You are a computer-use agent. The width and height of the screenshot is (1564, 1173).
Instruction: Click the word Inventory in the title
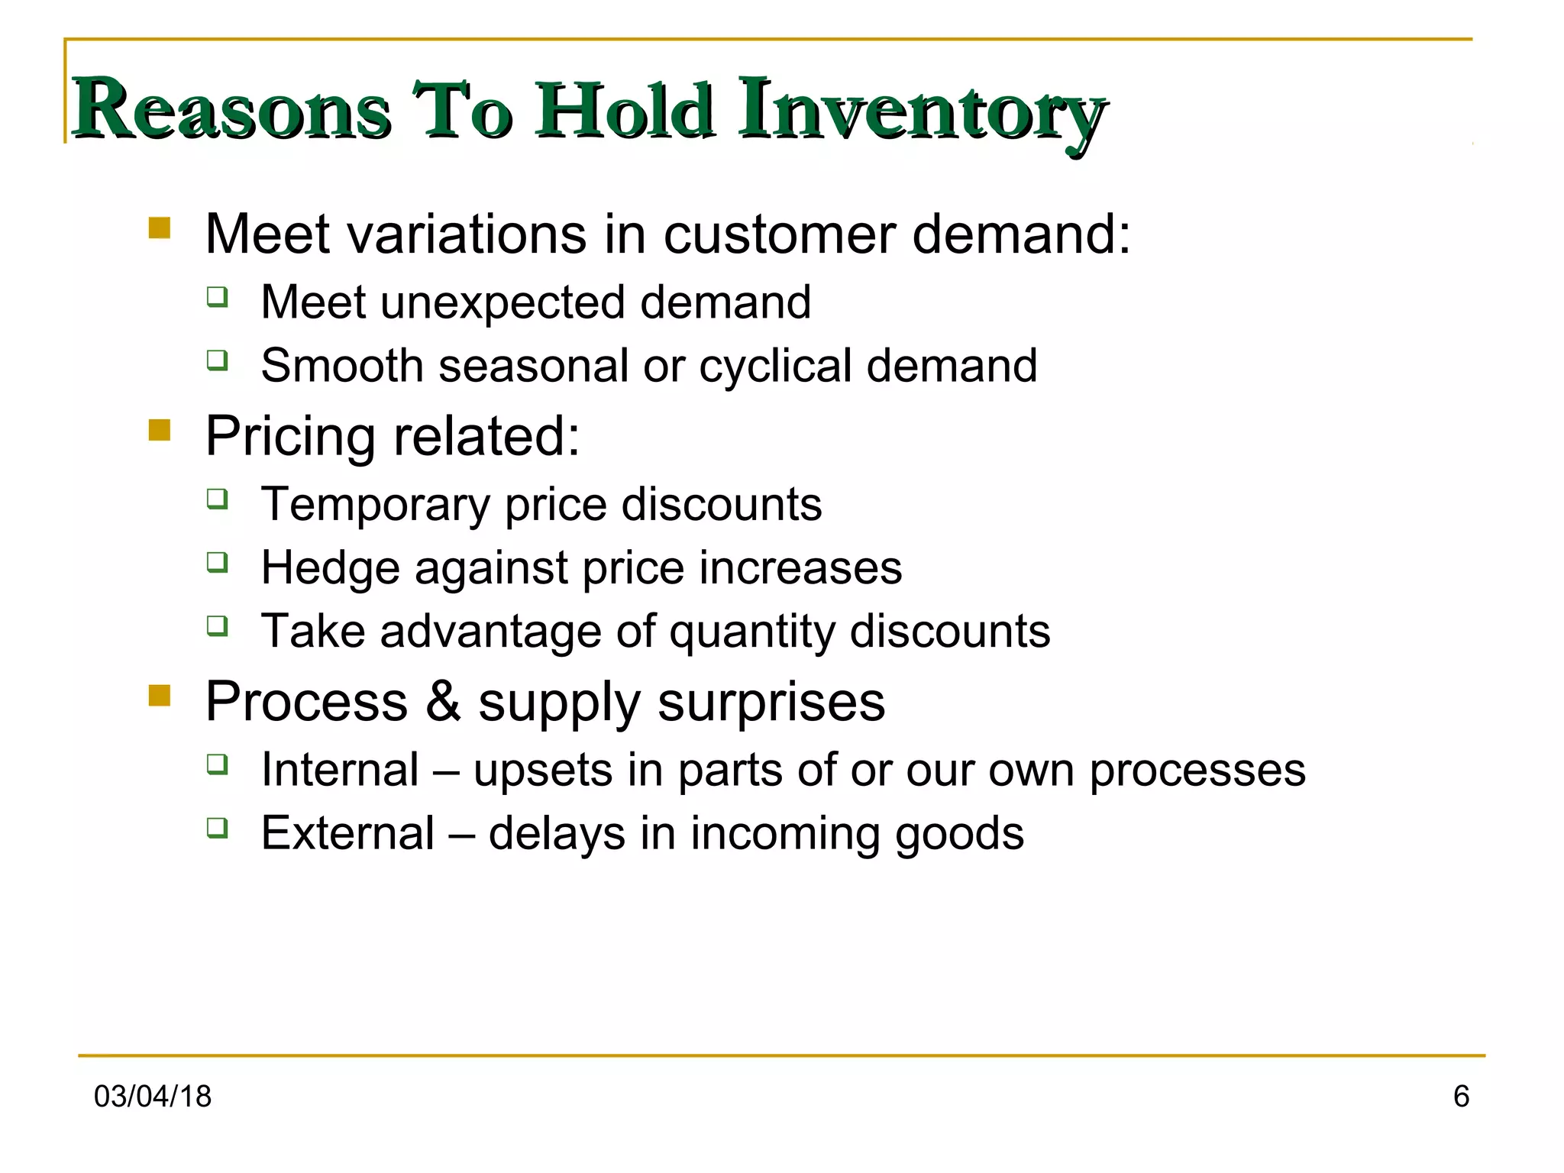[x=922, y=111]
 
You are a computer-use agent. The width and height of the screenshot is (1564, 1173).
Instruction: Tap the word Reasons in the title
[x=231, y=111]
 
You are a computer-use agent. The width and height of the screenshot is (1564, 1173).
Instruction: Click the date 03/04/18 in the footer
[x=152, y=1097]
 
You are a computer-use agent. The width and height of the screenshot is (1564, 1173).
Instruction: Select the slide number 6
[x=1461, y=1097]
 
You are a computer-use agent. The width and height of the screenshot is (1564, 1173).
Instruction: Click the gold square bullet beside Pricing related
[x=160, y=430]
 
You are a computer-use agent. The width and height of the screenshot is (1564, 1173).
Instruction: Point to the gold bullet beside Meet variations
[x=160, y=228]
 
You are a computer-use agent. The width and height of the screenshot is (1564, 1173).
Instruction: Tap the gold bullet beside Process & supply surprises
[x=160, y=695]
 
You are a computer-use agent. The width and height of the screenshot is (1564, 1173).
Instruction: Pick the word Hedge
[x=330, y=569]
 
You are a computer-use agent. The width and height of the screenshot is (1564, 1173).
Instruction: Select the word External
[x=347, y=833]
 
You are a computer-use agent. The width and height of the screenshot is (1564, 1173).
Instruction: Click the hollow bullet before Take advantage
[x=218, y=626]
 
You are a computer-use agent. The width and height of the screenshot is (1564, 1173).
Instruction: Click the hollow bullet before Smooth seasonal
[x=218, y=360]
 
